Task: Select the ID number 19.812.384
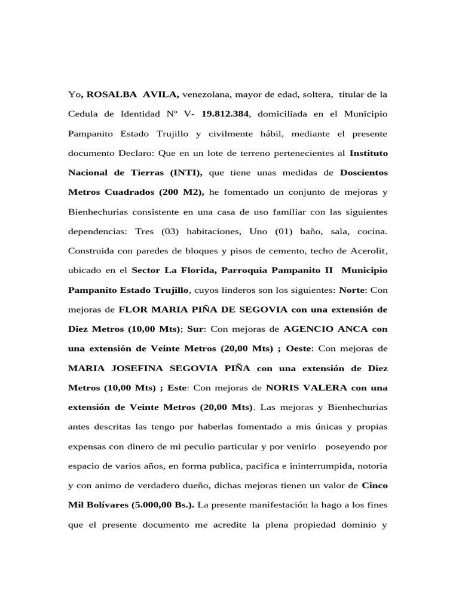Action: click(x=225, y=114)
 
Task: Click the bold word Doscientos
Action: click(x=364, y=173)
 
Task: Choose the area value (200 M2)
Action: click(x=180, y=192)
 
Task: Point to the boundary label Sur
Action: click(x=195, y=329)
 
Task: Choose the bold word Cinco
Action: click(x=375, y=485)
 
